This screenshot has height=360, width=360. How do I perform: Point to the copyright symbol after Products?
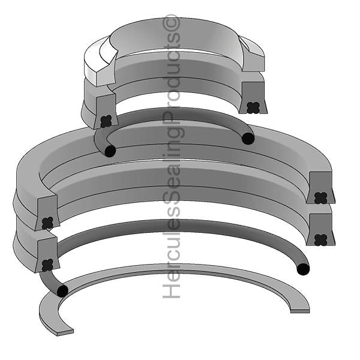[x=173, y=23]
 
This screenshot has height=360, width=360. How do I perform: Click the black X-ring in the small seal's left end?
[x=106, y=121]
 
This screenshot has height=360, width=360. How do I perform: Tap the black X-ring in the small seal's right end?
[x=253, y=107]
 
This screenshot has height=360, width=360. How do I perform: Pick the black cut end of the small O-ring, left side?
[x=110, y=151]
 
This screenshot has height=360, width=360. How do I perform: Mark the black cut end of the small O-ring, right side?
[x=248, y=139]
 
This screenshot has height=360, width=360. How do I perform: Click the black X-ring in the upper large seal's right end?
[x=320, y=197]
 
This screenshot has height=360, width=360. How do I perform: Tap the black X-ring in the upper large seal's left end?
[x=47, y=223]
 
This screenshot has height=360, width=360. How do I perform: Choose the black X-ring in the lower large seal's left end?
[x=46, y=264]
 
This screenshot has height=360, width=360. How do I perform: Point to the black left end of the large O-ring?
[x=62, y=291]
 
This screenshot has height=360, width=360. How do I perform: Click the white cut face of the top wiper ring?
[x=99, y=66]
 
